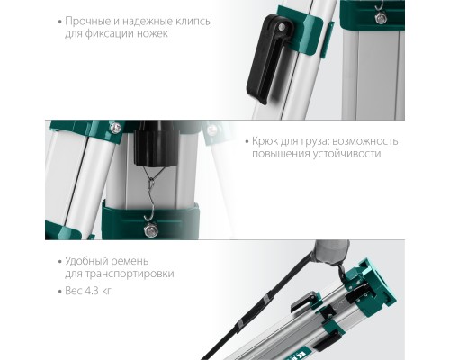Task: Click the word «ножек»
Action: (x=153, y=34)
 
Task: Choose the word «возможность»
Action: (x=364, y=142)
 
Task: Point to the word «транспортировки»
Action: (x=134, y=274)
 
